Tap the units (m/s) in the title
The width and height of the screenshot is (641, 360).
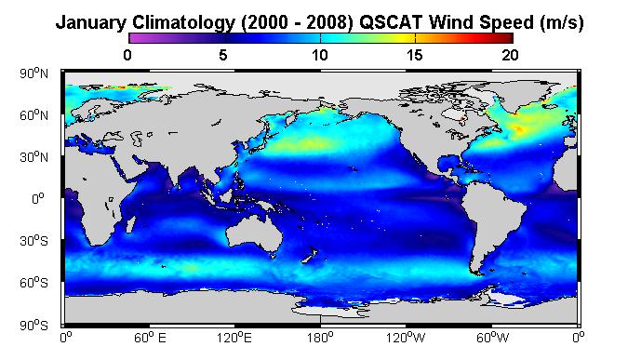coord(562,22)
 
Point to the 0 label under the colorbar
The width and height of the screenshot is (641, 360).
coord(127,55)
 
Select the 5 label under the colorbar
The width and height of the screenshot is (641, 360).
coord(223,55)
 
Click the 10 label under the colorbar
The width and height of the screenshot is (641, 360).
coord(320,55)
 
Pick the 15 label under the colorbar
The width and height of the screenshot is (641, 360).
coord(415,55)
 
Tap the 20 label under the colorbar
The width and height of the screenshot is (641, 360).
coord(510,55)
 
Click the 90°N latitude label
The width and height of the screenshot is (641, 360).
coord(33,73)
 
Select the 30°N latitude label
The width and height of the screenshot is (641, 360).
coord(33,157)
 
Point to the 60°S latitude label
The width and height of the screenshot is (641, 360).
coord(33,283)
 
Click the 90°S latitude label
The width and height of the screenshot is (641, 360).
coord(33,326)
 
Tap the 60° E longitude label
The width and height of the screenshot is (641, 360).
coord(150,338)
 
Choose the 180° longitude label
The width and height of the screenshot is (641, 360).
coord(320,338)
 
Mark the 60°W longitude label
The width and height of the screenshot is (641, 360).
coord(492,338)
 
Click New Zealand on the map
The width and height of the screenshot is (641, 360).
coord(309,255)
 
